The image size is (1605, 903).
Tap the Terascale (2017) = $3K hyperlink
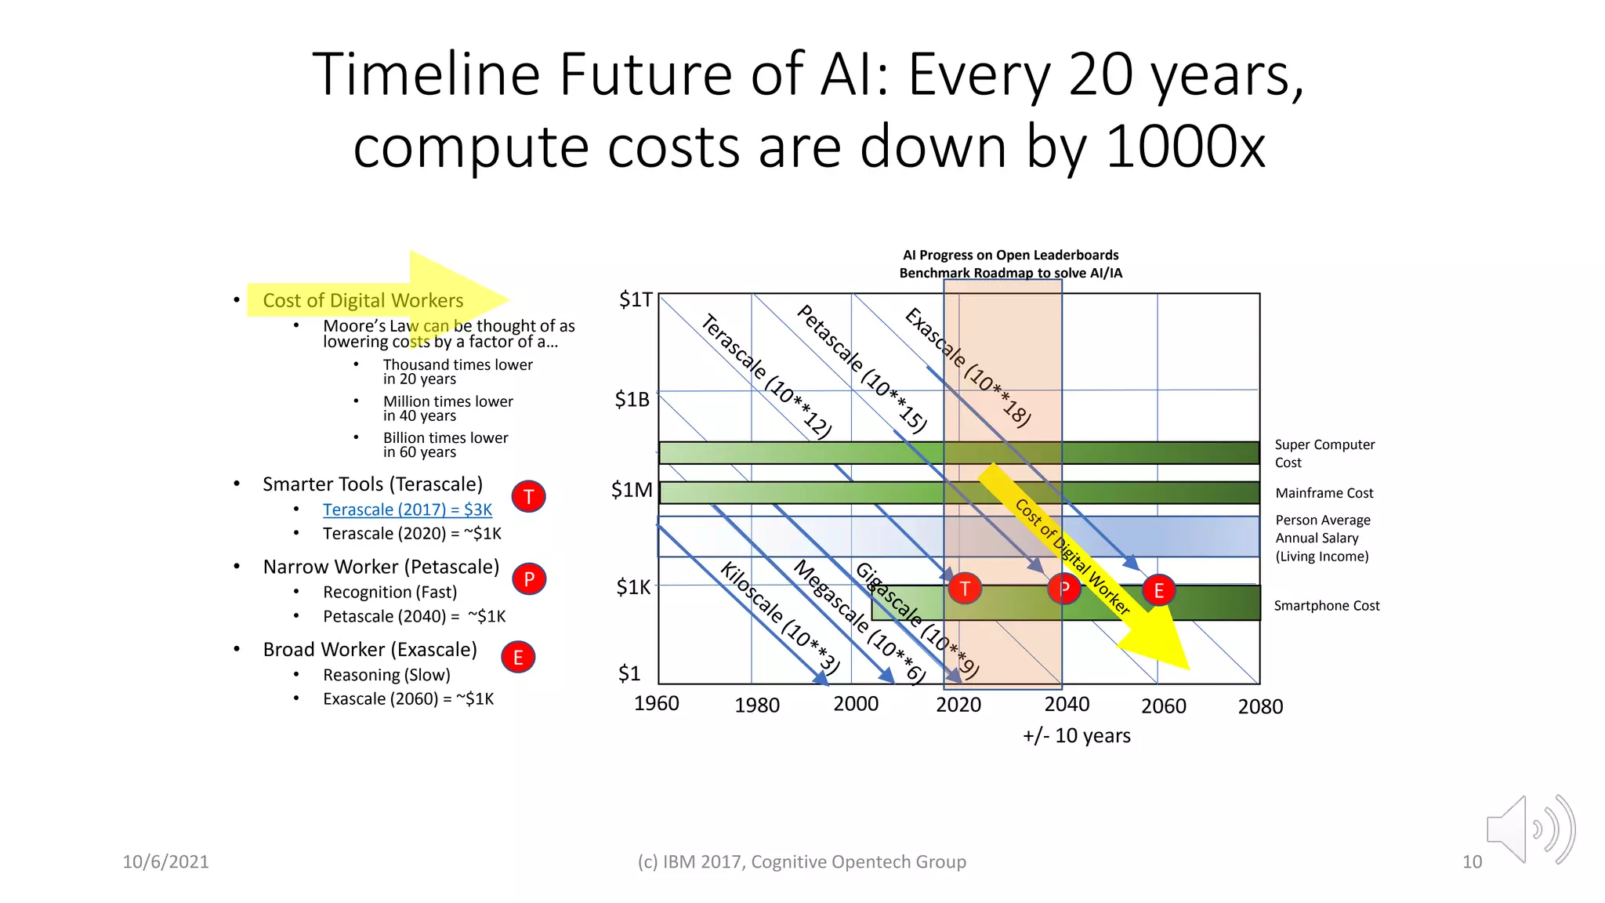pyautogui.click(x=407, y=510)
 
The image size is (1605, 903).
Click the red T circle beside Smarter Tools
pyautogui.click(x=529, y=496)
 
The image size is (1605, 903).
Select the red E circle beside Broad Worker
pyautogui.click(x=518, y=657)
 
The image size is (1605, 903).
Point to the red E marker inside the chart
pyautogui.click(x=1158, y=590)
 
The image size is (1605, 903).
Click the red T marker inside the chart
pyautogui.click(x=965, y=588)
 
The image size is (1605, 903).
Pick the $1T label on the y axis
pyautogui.click(x=635, y=299)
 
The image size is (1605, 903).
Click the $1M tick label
pyautogui.click(x=631, y=491)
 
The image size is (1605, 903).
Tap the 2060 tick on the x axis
pyautogui.click(x=1163, y=706)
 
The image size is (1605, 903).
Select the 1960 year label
pyautogui.click(x=656, y=703)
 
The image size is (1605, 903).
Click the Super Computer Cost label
pyautogui.click(x=1324, y=453)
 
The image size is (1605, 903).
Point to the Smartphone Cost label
pyautogui.click(x=1326, y=605)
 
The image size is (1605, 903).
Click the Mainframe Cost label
pyautogui.click(x=1324, y=493)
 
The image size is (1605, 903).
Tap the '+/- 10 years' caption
pyautogui.click(x=1076, y=735)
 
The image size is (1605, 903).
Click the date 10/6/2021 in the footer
pyautogui.click(x=165, y=861)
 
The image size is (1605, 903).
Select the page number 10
pyautogui.click(x=1471, y=861)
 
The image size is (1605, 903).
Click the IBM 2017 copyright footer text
pyautogui.click(x=801, y=861)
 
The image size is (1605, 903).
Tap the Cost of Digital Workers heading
pyautogui.click(x=363, y=300)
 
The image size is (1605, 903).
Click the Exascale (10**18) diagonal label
pyautogui.click(x=967, y=367)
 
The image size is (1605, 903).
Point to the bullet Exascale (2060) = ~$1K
pyautogui.click(x=408, y=698)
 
